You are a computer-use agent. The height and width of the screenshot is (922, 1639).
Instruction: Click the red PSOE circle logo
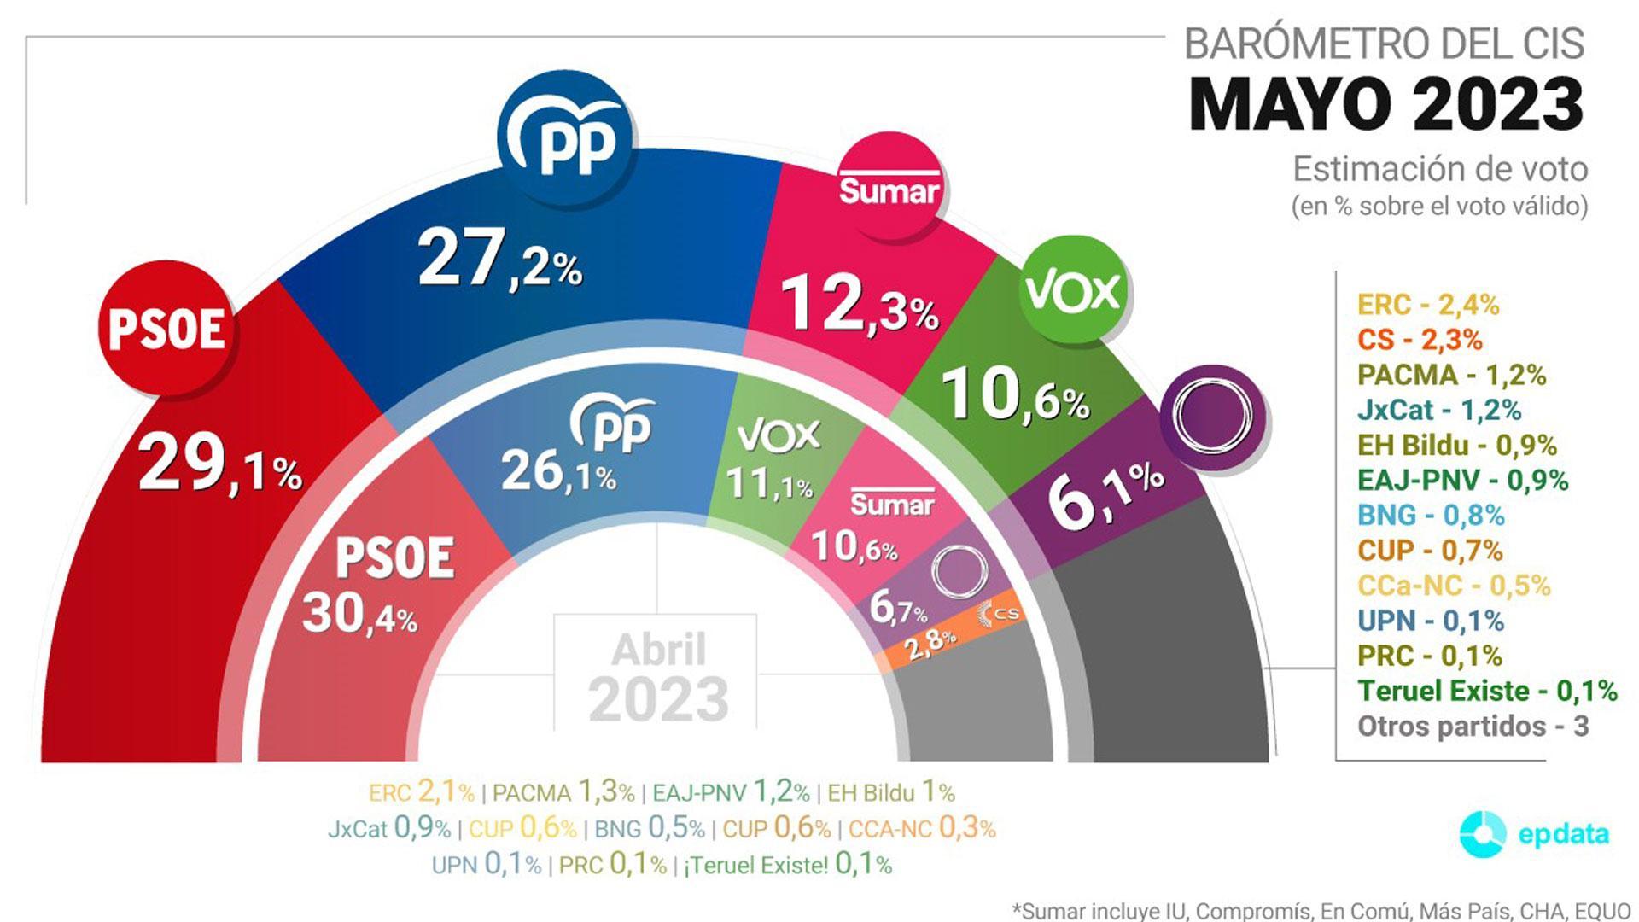pyautogui.click(x=167, y=329)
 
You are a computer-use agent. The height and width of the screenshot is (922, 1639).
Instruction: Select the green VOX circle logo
pyautogui.click(x=1072, y=290)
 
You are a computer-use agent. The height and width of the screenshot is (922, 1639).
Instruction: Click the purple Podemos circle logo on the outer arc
pyautogui.click(x=1212, y=417)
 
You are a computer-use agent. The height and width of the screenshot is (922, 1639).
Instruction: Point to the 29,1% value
pyautogui.click(x=219, y=465)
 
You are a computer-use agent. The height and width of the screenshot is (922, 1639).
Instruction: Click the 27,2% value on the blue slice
pyautogui.click(x=499, y=260)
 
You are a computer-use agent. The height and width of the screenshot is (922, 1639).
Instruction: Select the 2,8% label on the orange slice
pyautogui.click(x=930, y=642)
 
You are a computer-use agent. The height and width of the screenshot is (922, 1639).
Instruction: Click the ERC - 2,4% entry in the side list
pyautogui.click(x=1428, y=305)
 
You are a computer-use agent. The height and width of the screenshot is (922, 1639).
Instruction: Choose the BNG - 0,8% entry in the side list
pyautogui.click(x=1431, y=515)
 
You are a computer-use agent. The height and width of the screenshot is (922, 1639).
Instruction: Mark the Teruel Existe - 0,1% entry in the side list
pyautogui.click(x=1487, y=691)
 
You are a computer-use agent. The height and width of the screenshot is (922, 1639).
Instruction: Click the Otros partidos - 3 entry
pyautogui.click(x=1473, y=727)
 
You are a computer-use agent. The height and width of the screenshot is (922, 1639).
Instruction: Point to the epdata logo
pyautogui.click(x=1534, y=833)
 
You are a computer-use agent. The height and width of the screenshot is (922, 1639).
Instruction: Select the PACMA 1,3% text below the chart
pyautogui.click(x=563, y=792)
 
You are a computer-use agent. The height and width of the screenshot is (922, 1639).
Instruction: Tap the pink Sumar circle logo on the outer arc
pyautogui.click(x=889, y=185)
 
